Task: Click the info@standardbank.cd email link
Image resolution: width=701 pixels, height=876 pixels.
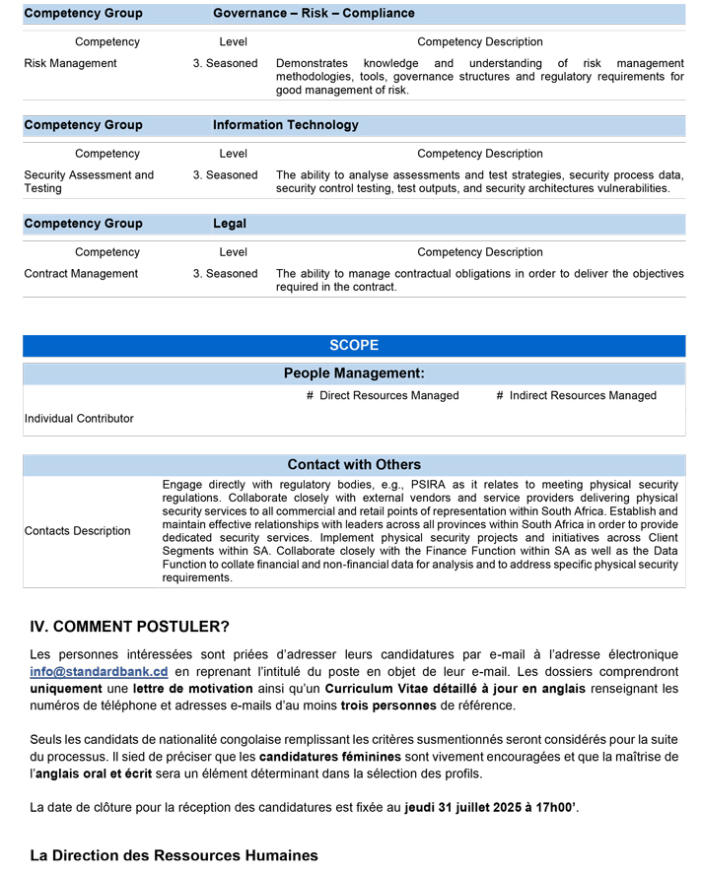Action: point(99,671)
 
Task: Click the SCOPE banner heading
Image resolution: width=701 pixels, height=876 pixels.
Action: point(354,346)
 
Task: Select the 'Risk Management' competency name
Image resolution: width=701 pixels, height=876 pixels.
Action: point(70,63)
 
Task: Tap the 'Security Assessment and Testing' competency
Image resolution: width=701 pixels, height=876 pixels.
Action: point(89,181)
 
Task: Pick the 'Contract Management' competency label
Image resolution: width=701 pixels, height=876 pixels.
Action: point(81,274)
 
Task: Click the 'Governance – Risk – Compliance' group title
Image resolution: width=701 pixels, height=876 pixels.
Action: point(314,14)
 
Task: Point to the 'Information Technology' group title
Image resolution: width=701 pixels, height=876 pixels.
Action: point(285,125)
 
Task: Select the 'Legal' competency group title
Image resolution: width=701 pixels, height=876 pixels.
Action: point(230,224)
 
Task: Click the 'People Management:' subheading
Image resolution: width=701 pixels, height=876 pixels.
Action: point(354,373)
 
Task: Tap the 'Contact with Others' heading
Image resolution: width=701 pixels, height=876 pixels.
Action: point(354,464)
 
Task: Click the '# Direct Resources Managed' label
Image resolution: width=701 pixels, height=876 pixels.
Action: point(383,396)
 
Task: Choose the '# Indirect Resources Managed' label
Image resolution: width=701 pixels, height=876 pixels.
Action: point(576,396)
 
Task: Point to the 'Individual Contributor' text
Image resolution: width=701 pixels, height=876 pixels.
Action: point(79,419)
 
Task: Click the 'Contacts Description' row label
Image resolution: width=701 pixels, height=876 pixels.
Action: point(77,531)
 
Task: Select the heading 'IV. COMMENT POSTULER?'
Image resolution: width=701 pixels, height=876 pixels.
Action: point(130,627)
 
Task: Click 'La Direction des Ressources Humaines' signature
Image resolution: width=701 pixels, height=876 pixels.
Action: point(174,855)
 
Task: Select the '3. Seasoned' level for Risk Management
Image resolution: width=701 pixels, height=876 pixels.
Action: point(225,63)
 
